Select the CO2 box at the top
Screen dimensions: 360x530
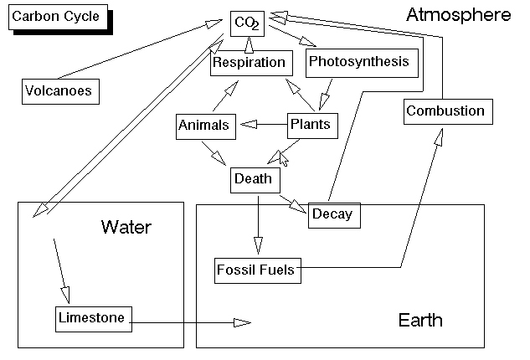click(x=247, y=24)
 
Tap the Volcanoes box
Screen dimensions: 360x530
click(x=58, y=90)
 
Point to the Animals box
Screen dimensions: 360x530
click(x=203, y=126)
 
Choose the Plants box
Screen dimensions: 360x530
click(x=309, y=126)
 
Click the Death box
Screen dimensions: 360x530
click(x=252, y=178)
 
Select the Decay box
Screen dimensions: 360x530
click(x=332, y=215)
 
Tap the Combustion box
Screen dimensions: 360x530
click(x=445, y=111)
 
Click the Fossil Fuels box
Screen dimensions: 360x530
click(x=255, y=270)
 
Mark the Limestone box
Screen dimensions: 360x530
click(x=92, y=318)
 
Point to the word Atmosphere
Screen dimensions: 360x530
click(x=457, y=15)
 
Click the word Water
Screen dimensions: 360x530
click(x=126, y=227)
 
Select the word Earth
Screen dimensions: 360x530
click(x=420, y=321)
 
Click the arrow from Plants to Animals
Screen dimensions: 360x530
click(x=263, y=126)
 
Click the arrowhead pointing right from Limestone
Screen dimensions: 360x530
click(x=242, y=322)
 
